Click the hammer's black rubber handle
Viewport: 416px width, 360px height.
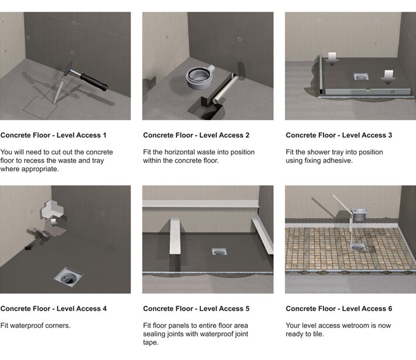[94, 81]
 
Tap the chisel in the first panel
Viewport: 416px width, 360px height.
[59, 92]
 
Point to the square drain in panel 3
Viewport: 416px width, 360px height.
[360, 77]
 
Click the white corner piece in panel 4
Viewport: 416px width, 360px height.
[53, 209]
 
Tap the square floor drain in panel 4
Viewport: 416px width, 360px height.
[69, 277]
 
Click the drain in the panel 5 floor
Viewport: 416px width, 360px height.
[219, 251]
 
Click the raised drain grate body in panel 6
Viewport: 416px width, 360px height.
[360, 214]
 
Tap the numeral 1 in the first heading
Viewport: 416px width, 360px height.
[104, 135]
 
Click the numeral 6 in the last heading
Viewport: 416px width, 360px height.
[390, 308]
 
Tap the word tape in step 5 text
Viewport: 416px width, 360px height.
[151, 342]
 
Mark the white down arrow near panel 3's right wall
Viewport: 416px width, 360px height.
[388, 77]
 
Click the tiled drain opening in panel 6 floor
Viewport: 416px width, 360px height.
[359, 248]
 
